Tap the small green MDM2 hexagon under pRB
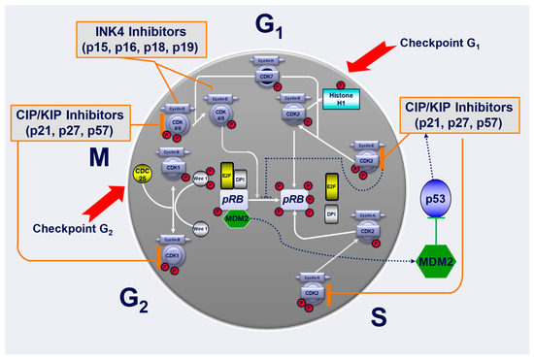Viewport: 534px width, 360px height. tap(235, 219)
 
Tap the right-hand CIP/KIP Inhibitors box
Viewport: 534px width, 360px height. tap(461, 116)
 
